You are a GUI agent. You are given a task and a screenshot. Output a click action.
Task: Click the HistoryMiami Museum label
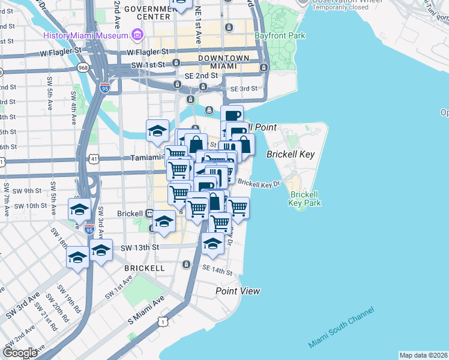coord(86,35)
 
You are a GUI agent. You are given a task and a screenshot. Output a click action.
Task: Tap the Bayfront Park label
coord(280,36)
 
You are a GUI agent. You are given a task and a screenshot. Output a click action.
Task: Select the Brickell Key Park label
coord(305,199)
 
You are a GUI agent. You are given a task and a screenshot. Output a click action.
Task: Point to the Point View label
coord(238,291)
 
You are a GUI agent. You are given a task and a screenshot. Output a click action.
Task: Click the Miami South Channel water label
coord(342,327)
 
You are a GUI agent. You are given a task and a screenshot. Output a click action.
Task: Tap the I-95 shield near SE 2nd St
coord(106,88)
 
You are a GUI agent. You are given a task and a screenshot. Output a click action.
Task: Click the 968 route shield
coord(82,68)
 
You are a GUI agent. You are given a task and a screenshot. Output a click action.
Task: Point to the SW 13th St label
coord(140,247)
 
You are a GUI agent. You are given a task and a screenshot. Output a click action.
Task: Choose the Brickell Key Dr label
coord(259,182)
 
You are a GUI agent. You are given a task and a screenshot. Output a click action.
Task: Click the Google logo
coord(20,353)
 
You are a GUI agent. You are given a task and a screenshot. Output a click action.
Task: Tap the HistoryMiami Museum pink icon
coord(137,35)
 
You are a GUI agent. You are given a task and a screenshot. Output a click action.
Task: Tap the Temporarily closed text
coord(339,8)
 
